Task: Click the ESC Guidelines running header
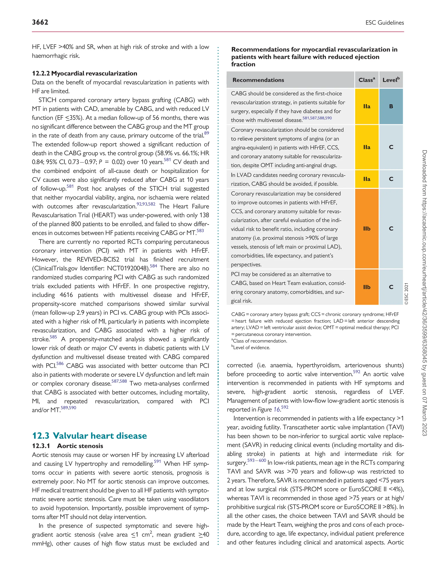[385, 23]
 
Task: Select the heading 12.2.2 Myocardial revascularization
[84, 73]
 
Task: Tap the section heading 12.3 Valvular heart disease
[89, 436]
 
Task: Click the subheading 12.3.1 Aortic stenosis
[68, 446]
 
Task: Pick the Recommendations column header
[258, 80]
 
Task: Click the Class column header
[367, 80]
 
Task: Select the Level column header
[391, 80]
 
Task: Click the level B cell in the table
[391, 106]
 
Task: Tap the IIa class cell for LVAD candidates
[367, 179]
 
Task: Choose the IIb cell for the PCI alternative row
[367, 287]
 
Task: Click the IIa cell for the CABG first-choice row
[367, 106]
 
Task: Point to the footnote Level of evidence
[251, 348]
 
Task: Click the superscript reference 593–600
[256, 460]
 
